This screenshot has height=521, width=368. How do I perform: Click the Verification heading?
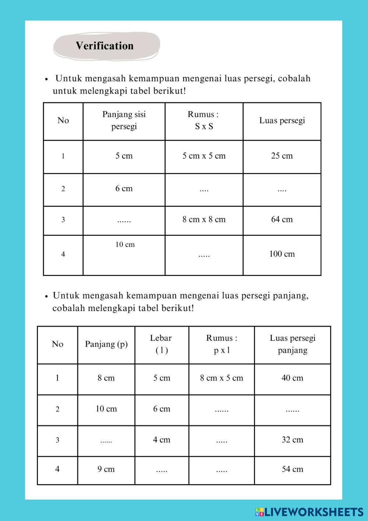[x=105, y=46]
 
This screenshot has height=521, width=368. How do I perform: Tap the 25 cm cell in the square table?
[x=282, y=156]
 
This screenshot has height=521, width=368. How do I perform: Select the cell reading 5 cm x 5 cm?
[x=204, y=156]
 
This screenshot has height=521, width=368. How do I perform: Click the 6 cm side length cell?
[x=124, y=189]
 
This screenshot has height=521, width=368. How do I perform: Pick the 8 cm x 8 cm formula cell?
[x=204, y=220]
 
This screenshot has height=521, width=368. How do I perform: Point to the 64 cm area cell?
[x=282, y=220]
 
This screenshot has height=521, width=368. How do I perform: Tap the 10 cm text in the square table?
[x=125, y=245]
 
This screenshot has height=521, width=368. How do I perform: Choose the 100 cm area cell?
[x=282, y=254]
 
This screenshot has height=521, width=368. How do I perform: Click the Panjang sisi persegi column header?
[x=124, y=120]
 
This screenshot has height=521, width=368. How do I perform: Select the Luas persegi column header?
[x=282, y=120]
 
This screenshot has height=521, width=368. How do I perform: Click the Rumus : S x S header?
[x=204, y=120]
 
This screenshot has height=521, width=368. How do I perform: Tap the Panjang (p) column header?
[x=106, y=344]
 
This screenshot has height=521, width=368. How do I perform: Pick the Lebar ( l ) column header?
[x=161, y=344]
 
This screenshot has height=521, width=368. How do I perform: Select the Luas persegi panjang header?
[x=293, y=344]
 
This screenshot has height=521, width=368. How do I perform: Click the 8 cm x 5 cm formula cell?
[x=222, y=378]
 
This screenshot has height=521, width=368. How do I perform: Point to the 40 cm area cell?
[x=293, y=378]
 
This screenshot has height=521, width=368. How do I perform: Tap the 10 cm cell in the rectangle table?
[x=106, y=409]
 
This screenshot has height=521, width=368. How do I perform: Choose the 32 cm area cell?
[x=293, y=440]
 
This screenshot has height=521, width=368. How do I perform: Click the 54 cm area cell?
[x=293, y=469]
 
